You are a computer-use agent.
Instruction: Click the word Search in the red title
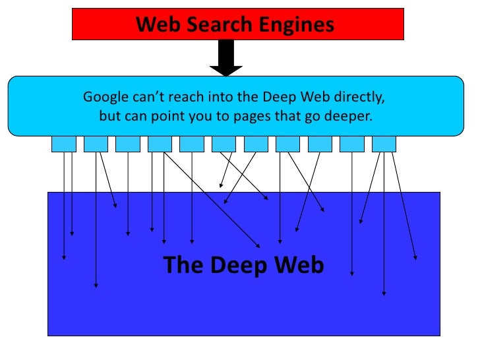[x=212, y=25]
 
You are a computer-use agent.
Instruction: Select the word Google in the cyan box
[x=104, y=97]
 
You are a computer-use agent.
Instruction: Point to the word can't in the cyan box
[x=144, y=97]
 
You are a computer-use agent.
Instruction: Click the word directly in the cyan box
[x=360, y=97]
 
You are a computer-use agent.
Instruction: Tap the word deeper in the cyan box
[x=349, y=115]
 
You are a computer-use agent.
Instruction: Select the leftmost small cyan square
[x=63, y=144]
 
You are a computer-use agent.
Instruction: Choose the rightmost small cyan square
[x=384, y=144]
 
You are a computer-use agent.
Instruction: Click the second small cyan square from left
[x=96, y=144]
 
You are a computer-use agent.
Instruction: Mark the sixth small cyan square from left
[x=224, y=144]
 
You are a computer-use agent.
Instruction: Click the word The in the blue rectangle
[x=183, y=265]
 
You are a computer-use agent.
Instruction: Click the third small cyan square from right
[x=320, y=144]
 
